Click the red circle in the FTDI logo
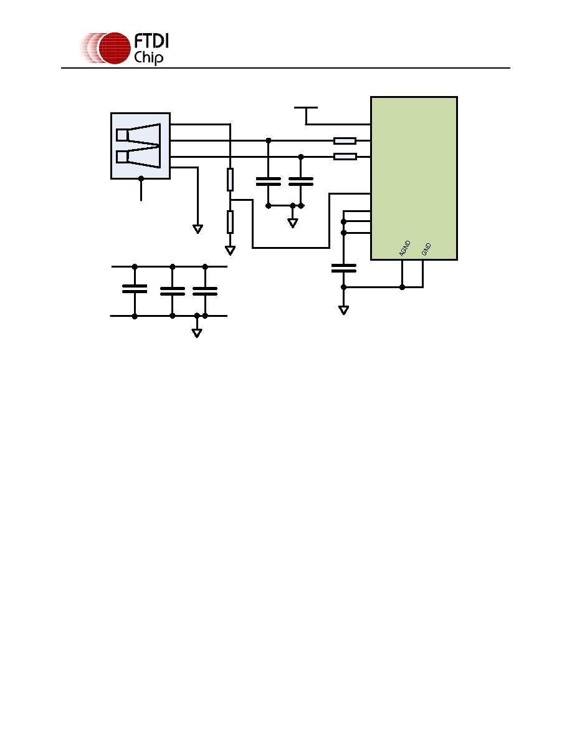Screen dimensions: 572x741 tap(114, 48)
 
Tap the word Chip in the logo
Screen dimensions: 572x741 tap(149, 57)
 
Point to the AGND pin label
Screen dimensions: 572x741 tap(405, 249)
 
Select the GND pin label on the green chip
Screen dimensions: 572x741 tap(426, 249)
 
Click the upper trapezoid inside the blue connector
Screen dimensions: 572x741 tap(138, 134)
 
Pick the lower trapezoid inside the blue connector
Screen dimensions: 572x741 tap(138, 157)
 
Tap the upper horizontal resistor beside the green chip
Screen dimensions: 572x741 tap(345, 140)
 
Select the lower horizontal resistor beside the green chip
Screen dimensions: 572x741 tap(345, 157)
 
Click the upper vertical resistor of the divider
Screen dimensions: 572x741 tap(231, 179)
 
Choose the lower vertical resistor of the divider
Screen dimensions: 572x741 tap(231, 222)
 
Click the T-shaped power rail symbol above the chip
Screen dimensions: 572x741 tap(306, 115)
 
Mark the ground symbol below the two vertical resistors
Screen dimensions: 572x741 tap(231, 251)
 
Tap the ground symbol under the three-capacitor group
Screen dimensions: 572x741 tap(197, 332)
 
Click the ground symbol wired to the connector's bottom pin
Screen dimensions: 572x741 tap(198, 229)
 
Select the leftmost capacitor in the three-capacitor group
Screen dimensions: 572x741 tap(135, 289)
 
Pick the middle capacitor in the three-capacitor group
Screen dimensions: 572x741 tap(172, 291)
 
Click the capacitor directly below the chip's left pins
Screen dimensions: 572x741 tap(343, 268)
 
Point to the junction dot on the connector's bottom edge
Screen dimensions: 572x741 tap(141, 178)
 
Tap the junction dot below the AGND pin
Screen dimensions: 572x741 tap(402, 287)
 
